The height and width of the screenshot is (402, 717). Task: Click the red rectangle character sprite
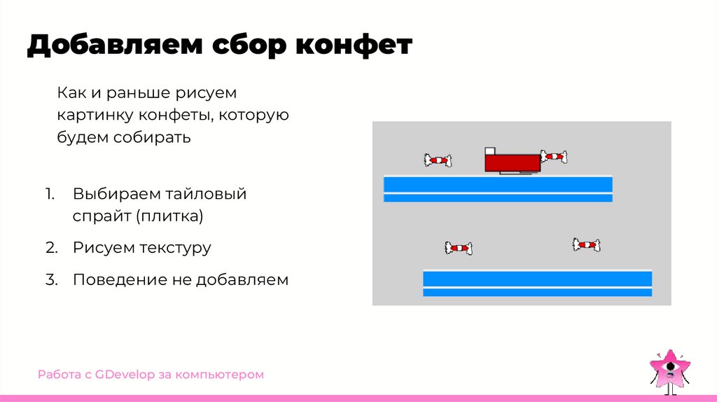[513, 162]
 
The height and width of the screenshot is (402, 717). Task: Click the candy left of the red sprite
[437, 160]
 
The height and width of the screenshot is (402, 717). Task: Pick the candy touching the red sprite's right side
[553, 157]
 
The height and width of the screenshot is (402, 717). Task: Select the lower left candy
[458, 247]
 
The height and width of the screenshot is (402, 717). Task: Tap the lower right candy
[586, 244]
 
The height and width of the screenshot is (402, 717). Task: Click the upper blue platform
[498, 188]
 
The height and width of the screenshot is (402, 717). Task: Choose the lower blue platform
[537, 283]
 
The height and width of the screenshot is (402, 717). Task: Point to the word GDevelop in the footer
[127, 375]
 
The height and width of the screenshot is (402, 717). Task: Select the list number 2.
[50, 247]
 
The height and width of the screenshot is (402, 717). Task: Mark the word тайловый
[207, 193]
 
